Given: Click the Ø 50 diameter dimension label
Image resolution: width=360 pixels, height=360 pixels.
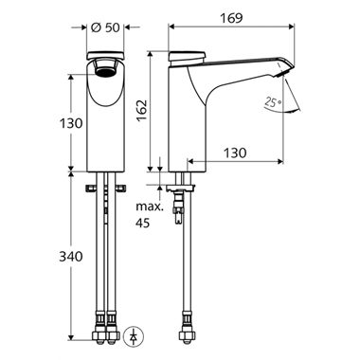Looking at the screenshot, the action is click(105, 27).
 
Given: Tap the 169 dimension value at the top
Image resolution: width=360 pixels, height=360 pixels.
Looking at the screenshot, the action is click(231, 18).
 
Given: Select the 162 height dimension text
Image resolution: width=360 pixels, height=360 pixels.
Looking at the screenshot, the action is click(142, 110).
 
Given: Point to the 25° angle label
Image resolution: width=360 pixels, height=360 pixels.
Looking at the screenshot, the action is click(273, 101).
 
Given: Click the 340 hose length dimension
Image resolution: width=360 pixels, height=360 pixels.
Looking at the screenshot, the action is click(71, 257).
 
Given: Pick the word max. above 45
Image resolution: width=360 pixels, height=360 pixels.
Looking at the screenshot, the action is click(150, 207).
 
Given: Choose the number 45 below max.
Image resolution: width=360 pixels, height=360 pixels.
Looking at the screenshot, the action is click(143, 224).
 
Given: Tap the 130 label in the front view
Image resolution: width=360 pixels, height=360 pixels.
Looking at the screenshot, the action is click(71, 123).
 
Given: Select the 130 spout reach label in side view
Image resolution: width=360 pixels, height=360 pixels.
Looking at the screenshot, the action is click(235, 153).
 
